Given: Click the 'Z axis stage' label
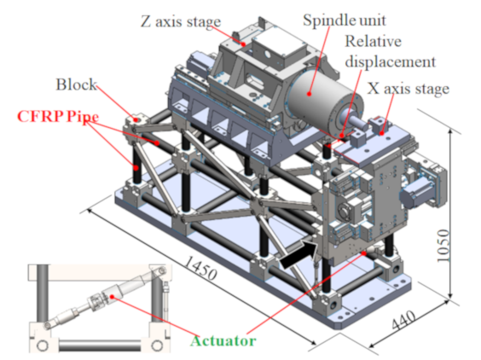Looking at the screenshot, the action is [x=181, y=22].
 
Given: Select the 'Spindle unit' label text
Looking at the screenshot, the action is [x=345, y=20].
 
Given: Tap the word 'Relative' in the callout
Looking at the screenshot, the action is [x=373, y=42].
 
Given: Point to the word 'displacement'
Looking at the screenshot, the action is [x=391, y=62].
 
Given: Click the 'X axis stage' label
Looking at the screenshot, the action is [x=409, y=89].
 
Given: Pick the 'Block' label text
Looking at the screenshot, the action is [x=76, y=84].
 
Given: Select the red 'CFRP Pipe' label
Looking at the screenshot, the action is [x=58, y=117].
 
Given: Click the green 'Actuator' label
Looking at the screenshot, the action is [x=223, y=341].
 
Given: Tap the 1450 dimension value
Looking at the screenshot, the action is [x=200, y=268].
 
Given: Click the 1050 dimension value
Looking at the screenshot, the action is [x=443, y=246].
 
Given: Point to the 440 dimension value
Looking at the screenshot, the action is [x=403, y=320].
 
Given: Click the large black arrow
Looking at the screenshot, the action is [x=299, y=254].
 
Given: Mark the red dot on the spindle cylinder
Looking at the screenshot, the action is [x=310, y=94].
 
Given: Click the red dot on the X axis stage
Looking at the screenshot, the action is [x=381, y=133].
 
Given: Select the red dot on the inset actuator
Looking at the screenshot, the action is [x=113, y=297].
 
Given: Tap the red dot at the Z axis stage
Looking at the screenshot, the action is [x=244, y=44].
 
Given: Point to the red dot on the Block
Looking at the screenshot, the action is [x=135, y=120].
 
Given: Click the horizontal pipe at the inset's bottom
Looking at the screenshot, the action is [x=100, y=345].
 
